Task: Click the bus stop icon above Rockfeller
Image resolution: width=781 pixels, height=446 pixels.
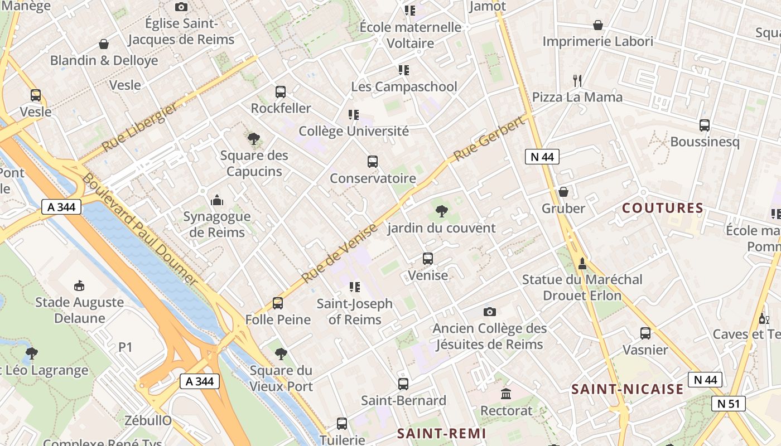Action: tap(281, 92)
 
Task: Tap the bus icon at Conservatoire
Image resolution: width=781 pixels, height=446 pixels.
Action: tap(373, 162)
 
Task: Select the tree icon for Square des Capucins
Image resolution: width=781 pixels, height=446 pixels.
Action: tap(254, 139)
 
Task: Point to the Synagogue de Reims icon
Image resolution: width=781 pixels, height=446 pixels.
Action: tap(217, 200)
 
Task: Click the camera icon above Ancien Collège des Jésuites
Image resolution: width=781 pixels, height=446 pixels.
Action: tap(489, 312)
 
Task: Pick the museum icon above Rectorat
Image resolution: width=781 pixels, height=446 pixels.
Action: tap(506, 394)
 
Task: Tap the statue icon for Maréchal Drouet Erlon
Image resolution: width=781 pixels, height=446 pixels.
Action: tap(582, 263)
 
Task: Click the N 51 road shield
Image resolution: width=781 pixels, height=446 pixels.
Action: tap(729, 404)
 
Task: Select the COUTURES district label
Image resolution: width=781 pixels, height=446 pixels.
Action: tap(663, 209)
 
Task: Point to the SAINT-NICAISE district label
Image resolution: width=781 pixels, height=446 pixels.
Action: tap(628, 389)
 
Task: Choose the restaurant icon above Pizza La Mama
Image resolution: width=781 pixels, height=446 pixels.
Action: tap(577, 81)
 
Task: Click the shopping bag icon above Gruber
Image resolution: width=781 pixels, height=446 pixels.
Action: tap(563, 192)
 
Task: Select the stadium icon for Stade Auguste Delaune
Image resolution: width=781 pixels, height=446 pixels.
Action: tap(79, 286)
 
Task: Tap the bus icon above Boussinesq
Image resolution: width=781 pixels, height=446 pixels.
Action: tap(705, 125)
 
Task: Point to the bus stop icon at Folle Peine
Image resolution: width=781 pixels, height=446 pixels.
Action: tap(278, 303)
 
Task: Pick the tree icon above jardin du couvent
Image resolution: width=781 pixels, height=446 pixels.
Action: tap(442, 211)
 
